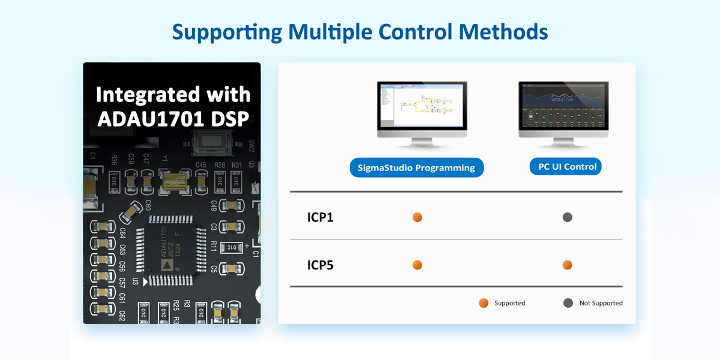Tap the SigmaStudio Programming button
pos(416,168)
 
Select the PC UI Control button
pos(565,167)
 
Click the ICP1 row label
pos(320,217)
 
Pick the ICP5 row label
pos(320,265)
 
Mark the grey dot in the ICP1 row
pos(568,217)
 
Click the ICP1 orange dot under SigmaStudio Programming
pos(418,217)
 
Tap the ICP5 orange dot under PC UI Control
pos(568,265)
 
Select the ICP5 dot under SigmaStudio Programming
pos(418,265)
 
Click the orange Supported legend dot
pos(484,303)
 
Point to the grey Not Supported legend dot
pos(568,303)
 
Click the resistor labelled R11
pos(230,247)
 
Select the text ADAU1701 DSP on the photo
pos(173,119)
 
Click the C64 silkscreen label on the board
pos(122,233)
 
